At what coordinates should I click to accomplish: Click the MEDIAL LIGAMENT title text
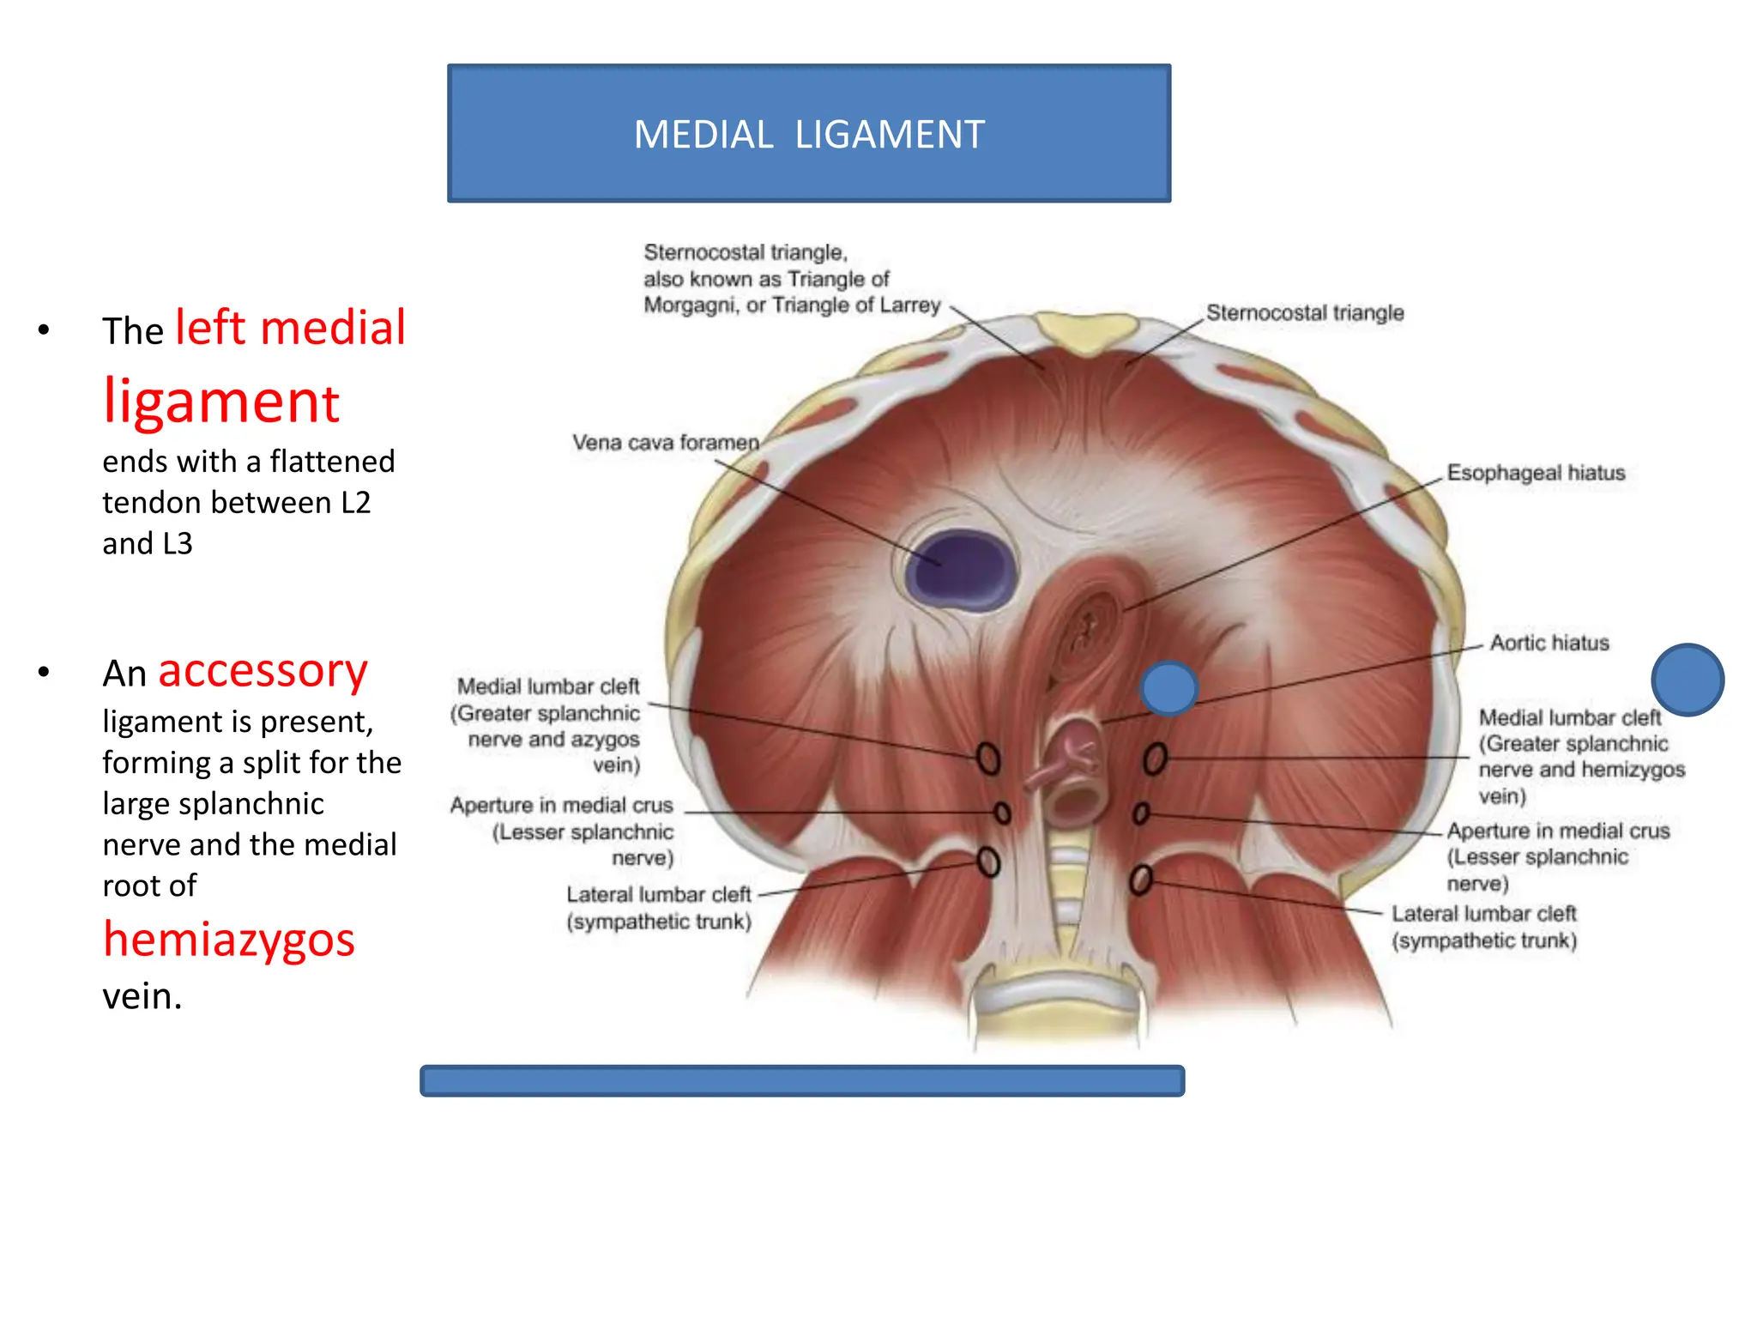tap(809, 135)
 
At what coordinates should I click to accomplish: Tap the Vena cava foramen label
tap(666, 443)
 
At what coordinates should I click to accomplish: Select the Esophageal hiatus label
tap(1536, 473)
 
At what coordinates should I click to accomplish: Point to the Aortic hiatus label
tap(1549, 643)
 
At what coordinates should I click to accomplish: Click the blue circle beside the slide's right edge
tap(1687, 680)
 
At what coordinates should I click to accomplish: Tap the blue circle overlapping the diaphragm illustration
tap(1168, 688)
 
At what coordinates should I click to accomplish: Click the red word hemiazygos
tap(229, 940)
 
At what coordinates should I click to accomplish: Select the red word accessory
tap(263, 671)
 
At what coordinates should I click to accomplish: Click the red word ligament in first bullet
tap(221, 402)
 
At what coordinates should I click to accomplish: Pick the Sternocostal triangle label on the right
tap(1304, 312)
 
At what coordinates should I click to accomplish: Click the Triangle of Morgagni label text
tap(791, 279)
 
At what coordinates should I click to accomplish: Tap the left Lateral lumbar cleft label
tap(659, 907)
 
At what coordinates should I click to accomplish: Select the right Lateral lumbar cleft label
tap(1484, 927)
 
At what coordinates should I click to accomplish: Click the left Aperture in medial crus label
tap(562, 831)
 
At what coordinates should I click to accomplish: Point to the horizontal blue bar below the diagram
tap(802, 1080)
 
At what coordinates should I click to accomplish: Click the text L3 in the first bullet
tap(172, 544)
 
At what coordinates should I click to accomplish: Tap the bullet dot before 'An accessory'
tap(44, 673)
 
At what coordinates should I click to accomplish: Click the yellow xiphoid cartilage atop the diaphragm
tap(1085, 332)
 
